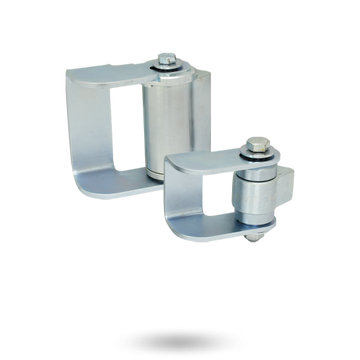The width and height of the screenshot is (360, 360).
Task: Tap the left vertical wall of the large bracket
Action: click(x=93, y=130)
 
